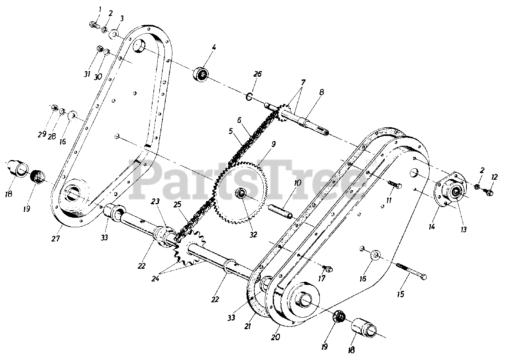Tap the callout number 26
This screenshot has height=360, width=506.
(258, 74)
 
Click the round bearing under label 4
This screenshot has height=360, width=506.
(202, 74)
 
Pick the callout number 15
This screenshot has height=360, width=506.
(400, 294)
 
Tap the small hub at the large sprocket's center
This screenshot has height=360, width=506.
(240, 194)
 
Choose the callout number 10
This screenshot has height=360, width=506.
(297, 183)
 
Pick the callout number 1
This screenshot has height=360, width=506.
(100, 9)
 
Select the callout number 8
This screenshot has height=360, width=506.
(321, 94)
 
